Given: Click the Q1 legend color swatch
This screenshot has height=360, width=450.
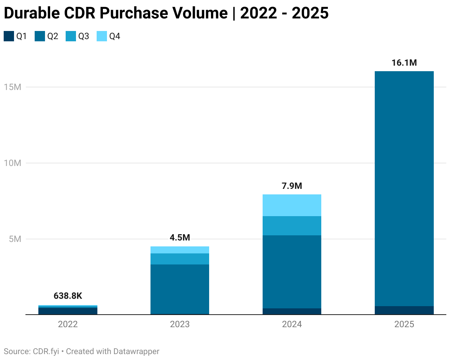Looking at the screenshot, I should [8, 36].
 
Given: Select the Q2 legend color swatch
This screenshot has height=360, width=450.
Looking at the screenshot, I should [39, 36].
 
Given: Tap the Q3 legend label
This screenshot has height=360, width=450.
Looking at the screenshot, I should [83, 36].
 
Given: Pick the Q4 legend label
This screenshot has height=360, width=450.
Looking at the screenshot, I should [115, 36].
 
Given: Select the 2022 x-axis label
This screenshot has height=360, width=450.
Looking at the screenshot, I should [68, 325].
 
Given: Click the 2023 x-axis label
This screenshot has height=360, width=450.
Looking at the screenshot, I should [180, 325].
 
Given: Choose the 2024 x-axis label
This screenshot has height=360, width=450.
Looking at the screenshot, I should [292, 325].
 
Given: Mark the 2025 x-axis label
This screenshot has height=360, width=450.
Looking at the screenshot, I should [404, 325].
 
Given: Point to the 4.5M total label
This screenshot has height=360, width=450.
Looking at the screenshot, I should [180, 238].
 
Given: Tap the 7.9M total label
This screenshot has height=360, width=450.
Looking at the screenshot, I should [292, 186].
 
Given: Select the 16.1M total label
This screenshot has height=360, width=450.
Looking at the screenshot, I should [404, 63].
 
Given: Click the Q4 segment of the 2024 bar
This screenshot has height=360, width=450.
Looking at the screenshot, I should [292, 205].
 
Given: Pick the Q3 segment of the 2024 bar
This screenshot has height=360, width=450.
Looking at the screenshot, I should [292, 226].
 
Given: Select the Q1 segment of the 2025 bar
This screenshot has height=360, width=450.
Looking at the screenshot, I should [404, 310].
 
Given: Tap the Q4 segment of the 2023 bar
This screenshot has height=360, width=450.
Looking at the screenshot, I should [180, 250].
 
